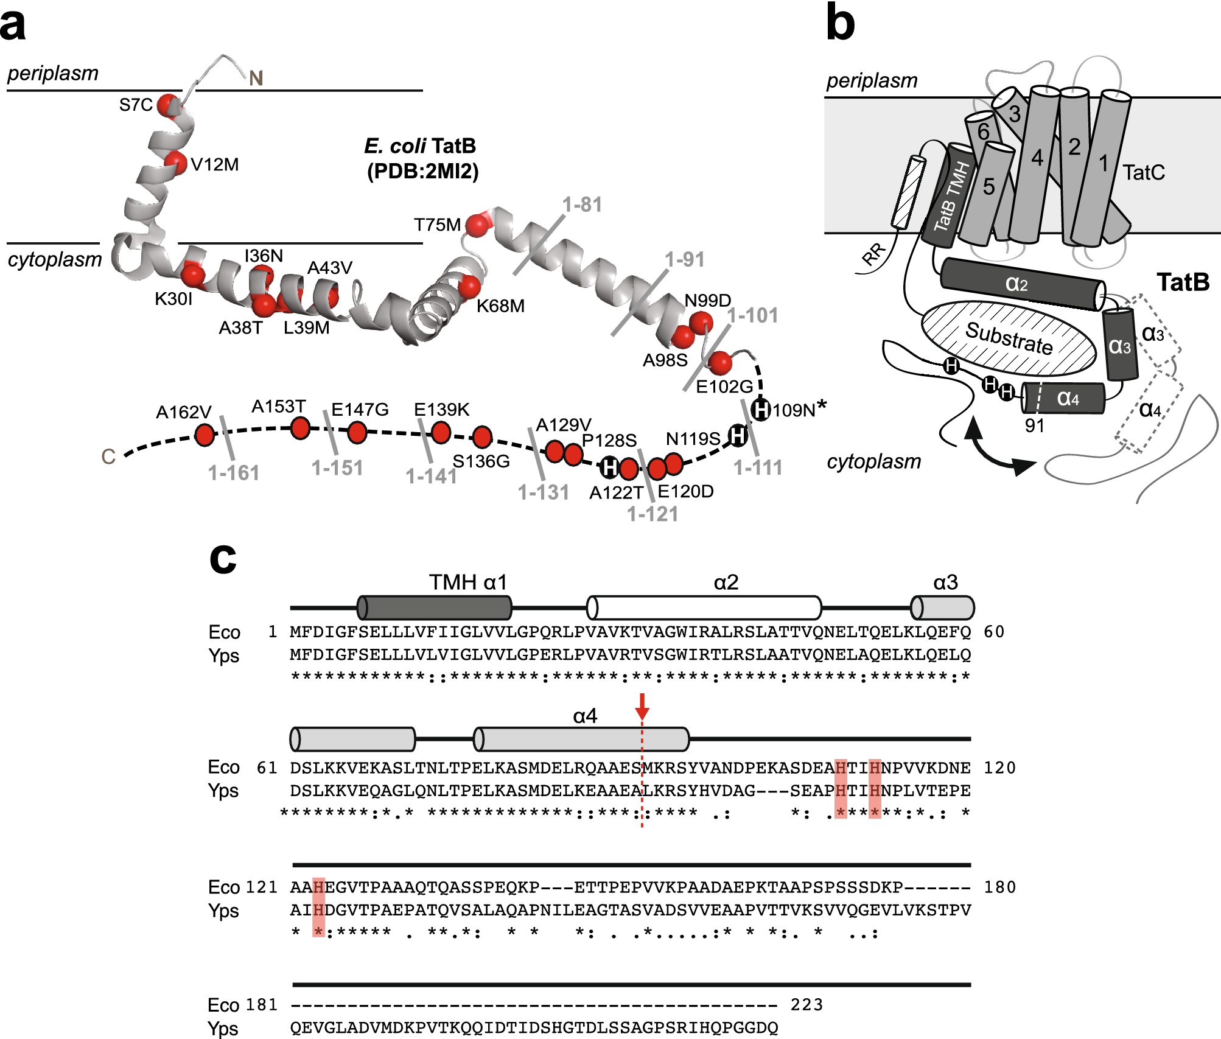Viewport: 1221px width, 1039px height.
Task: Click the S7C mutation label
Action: pyautogui.click(x=135, y=105)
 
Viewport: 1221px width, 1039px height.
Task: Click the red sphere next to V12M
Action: pyautogui.click(x=175, y=163)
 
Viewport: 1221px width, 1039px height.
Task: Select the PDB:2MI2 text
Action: pyautogui.click(x=422, y=172)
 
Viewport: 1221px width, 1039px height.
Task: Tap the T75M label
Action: pyautogui.click(x=437, y=225)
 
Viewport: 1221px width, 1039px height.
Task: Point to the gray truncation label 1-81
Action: pyautogui.click(x=582, y=205)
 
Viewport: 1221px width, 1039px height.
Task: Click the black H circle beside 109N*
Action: pyautogui.click(x=760, y=409)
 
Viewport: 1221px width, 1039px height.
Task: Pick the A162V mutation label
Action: pyautogui.click(x=183, y=413)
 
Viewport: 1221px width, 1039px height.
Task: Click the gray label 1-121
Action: pyautogui.click(x=652, y=514)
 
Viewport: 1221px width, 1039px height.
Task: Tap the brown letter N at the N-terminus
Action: pyautogui.click(x=256, y=79)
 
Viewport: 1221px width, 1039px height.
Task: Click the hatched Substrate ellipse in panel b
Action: pyautogui.click(x=1009, y=338)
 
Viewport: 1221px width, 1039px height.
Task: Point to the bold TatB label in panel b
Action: pyautogui.click(x=1183, y=282)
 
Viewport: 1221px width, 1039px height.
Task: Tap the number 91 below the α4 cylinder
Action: pyautogui.click(x=1035, y=425)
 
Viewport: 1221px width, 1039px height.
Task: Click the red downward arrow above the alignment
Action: pyautogui.click(x=642, y=707)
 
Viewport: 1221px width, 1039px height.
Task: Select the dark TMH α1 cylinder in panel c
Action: pyautogui.click(x=435, y=607)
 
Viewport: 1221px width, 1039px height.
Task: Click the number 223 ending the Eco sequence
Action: pyautogui.click(x=806, y=1005)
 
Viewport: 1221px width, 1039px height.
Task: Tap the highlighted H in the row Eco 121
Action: pyautogui.click(x=318, y=887)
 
